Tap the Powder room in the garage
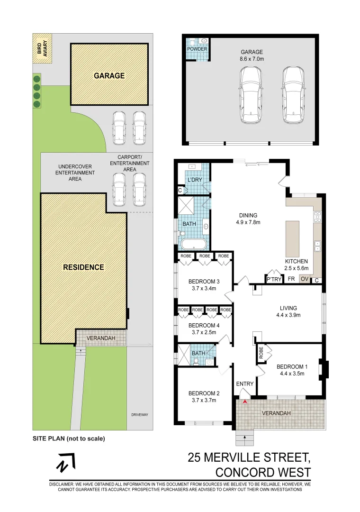197,49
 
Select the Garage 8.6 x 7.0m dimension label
251,56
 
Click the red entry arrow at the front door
244,402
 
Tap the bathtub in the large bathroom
193,245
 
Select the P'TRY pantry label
274,279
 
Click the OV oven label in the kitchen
305,279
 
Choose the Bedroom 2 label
204,396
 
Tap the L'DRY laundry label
195,181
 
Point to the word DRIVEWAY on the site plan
140,415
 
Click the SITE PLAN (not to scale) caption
69,439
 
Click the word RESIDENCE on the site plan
83,267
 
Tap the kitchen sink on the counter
317,246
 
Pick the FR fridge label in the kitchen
291,279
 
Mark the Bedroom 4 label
204,329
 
